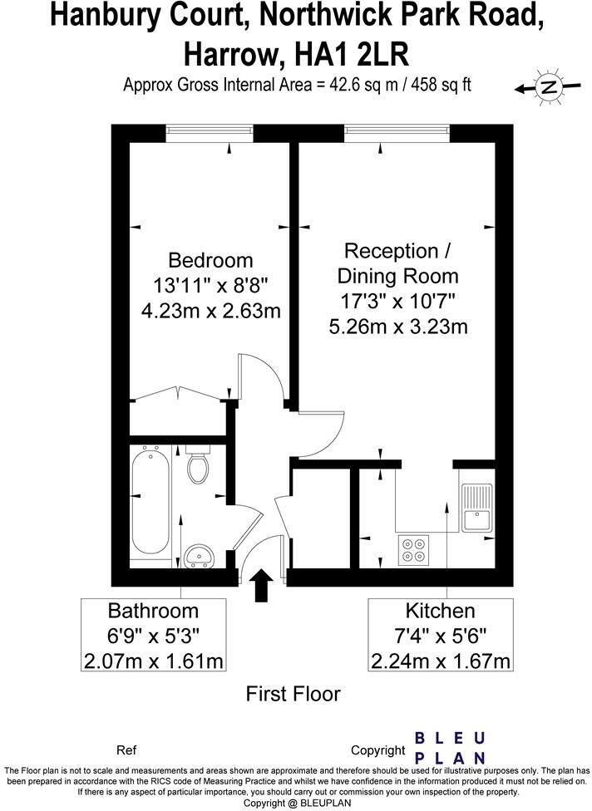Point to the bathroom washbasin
pyautogui.click(x=198, y=554)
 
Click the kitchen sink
pyautogui.click(x=477, y=508)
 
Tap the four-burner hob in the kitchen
pyautogui.click(x=413, y=549)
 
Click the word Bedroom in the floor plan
pyautogui.click(x=210, y=260)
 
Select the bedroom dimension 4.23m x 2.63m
pyautogui.click(x=210, y=312)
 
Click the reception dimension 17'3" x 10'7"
pyautogui.click(x=397, y=301)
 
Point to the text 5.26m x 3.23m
pyautogui.click(x=397, y=327)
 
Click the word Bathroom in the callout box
pyautogui.click(x=154, y=612)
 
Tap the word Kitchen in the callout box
pyautogui.click(x=440, y=612)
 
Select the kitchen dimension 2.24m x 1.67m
pyautogui.click(x=440, y=661)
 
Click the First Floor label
pyautogui.click(x=293, y=694)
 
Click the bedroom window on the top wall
pyautogui.click(x=209, y=130)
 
